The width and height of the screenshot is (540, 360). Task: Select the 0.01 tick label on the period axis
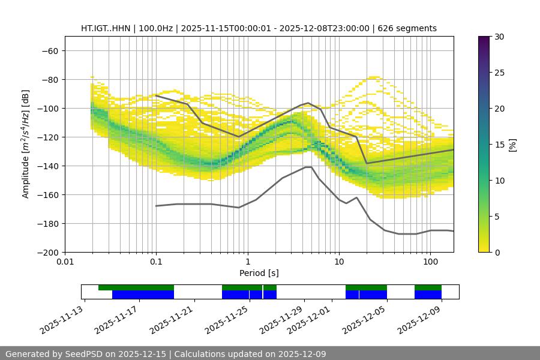pos(65,262)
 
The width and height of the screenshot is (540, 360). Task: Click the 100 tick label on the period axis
pos(430,262)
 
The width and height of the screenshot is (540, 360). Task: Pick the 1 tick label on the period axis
pos(247,262)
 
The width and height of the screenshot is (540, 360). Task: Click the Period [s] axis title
pos(259,273)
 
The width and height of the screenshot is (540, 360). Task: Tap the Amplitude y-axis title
pos(26,144)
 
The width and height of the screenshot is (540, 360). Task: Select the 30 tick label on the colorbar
pos(499,37)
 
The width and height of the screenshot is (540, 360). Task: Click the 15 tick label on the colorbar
pos(499,145)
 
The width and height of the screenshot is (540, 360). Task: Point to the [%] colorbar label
pos(512,145)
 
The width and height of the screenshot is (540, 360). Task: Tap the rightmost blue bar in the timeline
pos(428,295)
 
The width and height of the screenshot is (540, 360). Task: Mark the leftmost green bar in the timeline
pos(136,287)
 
